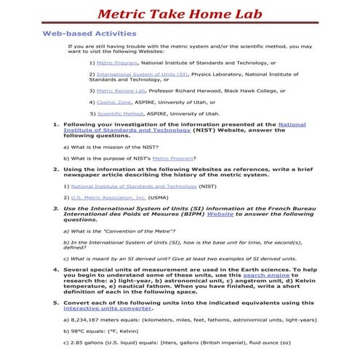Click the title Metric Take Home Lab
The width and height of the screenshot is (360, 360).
coord(179,13)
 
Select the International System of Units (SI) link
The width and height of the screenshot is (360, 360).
coord(142,74)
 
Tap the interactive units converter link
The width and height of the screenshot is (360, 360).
coord(108,308)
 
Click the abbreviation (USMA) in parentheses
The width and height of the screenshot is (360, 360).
coord(159,197)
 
